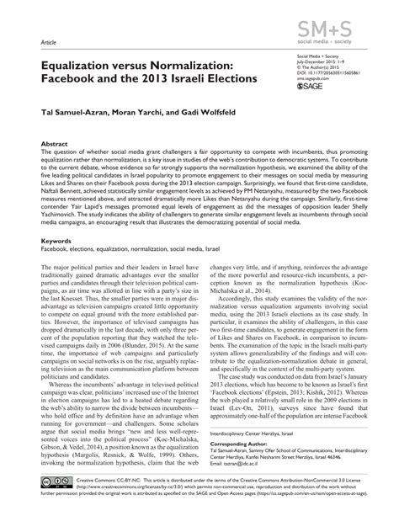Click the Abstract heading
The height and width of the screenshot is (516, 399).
coord(43,145)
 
